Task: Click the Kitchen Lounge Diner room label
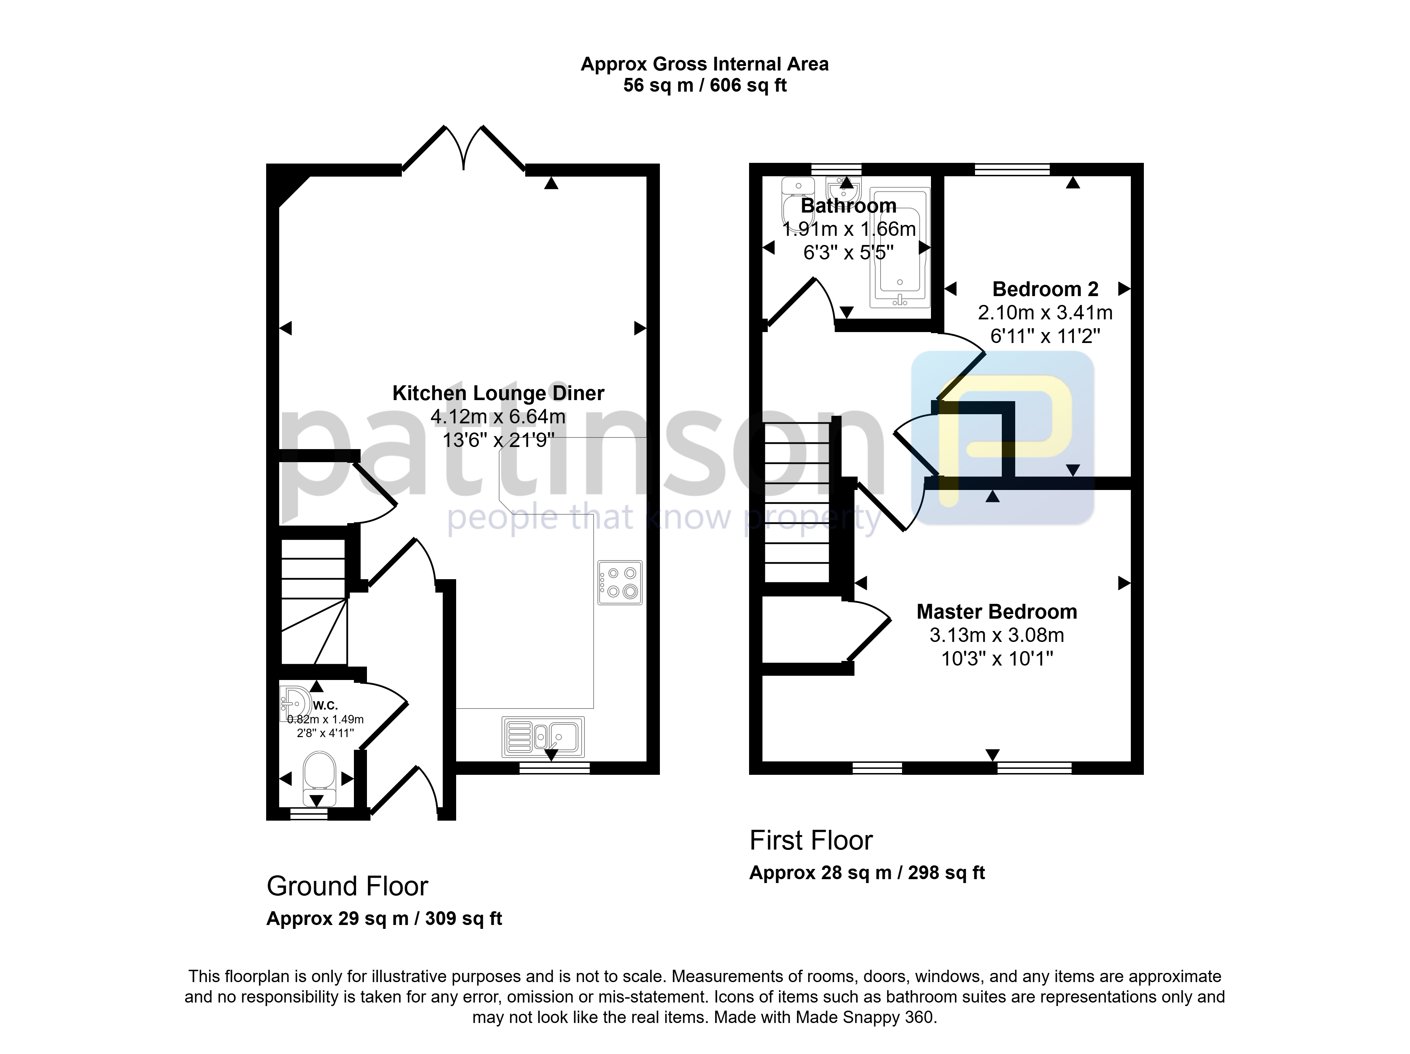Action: point(498,393)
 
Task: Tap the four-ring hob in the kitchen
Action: point(620,582)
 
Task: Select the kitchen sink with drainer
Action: point(543,737)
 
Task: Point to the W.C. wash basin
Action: point(293,704)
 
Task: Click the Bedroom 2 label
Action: point(1046,289)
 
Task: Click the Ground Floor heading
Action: point(348,886)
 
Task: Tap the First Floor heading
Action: point(811,840)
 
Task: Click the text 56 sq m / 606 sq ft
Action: point(705,85)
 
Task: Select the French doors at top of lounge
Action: point(464,148)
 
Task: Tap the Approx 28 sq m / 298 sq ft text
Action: point(867,873)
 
